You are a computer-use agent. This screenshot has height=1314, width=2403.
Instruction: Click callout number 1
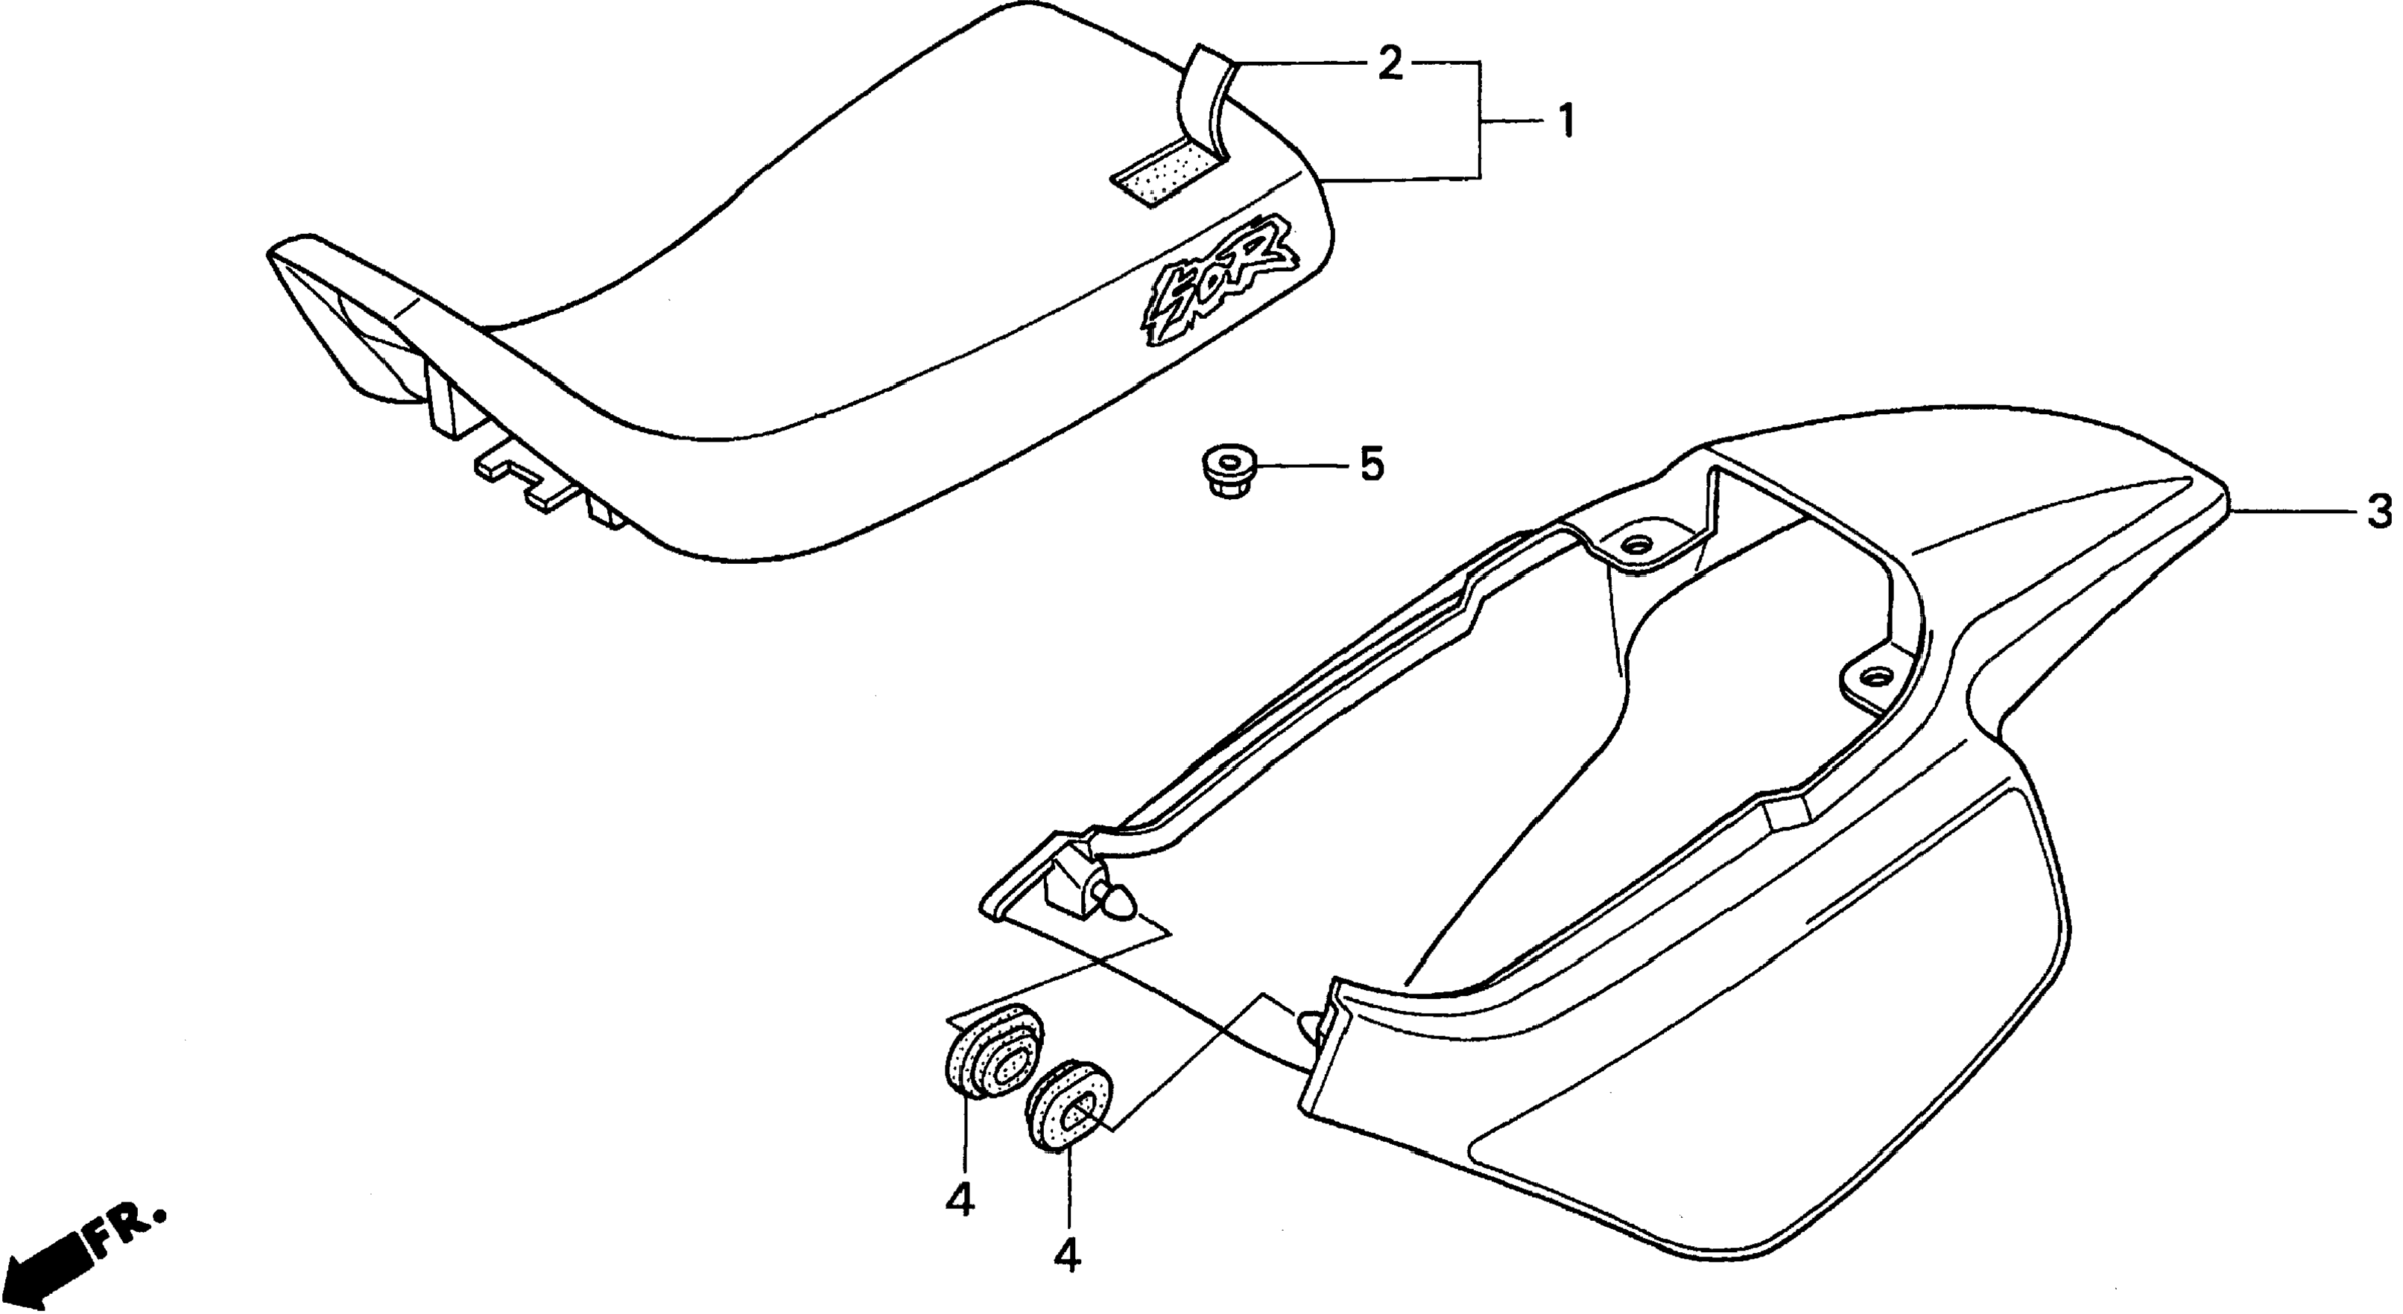(x=1566, y=121)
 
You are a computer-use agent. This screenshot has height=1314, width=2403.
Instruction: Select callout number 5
(x=1371, y=464)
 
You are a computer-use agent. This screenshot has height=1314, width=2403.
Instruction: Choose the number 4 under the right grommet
(x=1067, y=1258)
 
